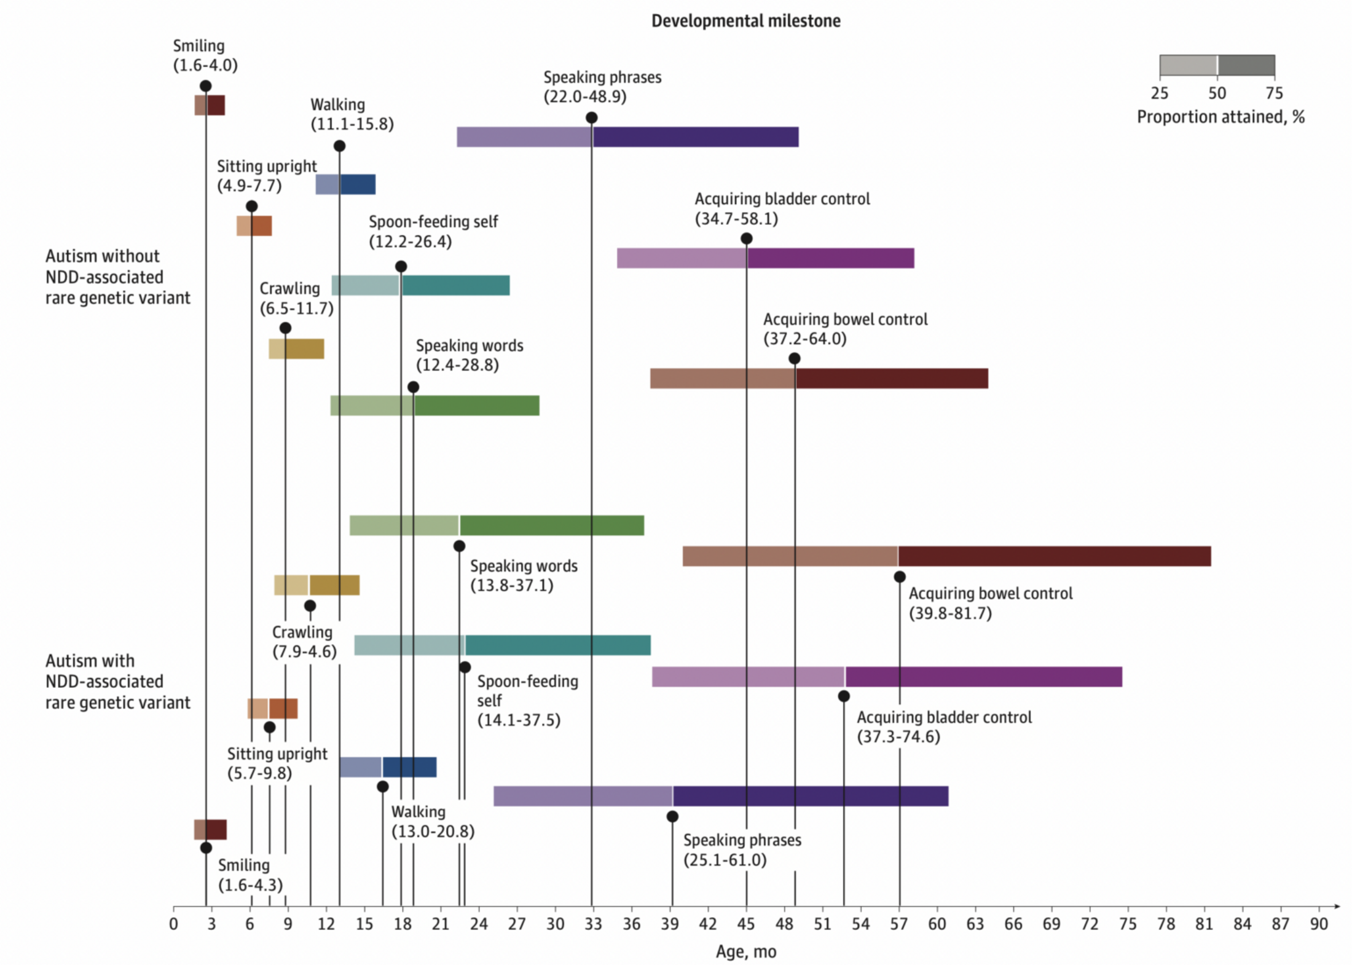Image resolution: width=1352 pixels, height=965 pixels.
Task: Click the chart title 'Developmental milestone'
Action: click(x=745, y=21)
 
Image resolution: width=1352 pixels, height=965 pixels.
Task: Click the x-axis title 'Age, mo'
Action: click(x=745, y=951)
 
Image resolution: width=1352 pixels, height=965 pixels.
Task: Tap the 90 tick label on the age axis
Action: click(x=1318, y=924)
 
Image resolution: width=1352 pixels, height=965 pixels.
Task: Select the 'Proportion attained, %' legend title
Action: click(x=1220, y=117)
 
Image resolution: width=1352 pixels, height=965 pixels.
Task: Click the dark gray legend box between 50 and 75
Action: click(x=1246, y=65)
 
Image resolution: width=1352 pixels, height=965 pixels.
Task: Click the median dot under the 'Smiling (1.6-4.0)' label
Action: click(x=206, y=86)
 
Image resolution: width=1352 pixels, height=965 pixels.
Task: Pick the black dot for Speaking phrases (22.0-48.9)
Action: click(x=591, y=117)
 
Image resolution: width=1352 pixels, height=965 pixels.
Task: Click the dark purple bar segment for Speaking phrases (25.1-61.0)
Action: click(x=810, y=796)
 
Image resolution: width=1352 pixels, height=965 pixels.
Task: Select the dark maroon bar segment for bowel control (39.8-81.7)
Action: click(x=1054, y=556)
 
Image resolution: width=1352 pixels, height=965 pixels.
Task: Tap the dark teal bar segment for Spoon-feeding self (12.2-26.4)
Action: click(x=455, y=285)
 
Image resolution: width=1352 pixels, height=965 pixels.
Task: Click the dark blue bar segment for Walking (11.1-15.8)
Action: click(x=358, y=184)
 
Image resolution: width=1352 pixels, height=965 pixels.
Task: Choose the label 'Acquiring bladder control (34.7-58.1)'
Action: click(x=782, y=208)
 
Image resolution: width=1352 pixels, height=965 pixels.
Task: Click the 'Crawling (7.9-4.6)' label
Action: click(x=304, y=642)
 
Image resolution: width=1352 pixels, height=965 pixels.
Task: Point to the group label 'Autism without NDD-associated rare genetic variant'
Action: click(x=117, y=277)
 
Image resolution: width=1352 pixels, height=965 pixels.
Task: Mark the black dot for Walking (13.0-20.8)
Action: click(x=382, y=787)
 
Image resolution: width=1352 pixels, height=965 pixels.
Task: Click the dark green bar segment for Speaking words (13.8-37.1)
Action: click(x=551, y=526)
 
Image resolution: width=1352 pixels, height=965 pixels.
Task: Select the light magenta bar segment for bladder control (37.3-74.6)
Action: click(x=748, y=677)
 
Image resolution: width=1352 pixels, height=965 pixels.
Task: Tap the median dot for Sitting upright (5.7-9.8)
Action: click(x=269, y=727)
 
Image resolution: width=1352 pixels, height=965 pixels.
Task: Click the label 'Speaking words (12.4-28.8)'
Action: click(x=469, y=355)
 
